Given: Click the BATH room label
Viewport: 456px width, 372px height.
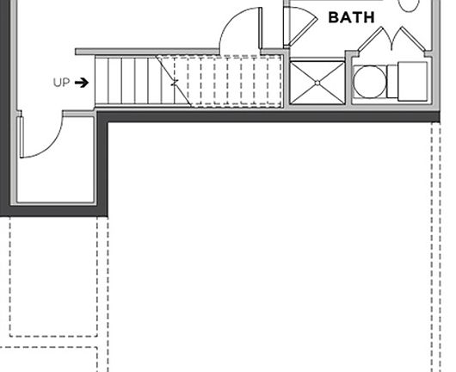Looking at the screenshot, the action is (x=351, y=17).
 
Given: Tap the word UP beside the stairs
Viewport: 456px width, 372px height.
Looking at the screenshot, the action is (x=62, y=83).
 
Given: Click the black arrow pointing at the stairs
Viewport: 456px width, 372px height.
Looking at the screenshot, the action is (x=82, y=83).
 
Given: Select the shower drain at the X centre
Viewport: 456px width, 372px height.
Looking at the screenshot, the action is (x=317, y=83).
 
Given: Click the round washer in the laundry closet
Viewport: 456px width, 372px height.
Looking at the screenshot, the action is (x=370, y=82).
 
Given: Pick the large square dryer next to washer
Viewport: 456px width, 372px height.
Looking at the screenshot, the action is (x=413, y=81).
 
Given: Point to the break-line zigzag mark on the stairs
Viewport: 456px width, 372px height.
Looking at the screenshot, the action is (x=174, y=83).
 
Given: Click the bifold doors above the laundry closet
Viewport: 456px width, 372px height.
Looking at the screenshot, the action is (x=391, y=40).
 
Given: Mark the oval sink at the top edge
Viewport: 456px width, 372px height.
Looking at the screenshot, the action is (x=409, y=5).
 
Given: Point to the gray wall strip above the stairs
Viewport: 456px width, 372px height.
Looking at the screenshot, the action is (x=147, y=52).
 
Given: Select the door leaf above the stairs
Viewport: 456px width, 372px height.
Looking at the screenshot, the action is (x=261, y=28).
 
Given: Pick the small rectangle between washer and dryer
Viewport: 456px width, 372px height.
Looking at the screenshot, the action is (x=392, y=81).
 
